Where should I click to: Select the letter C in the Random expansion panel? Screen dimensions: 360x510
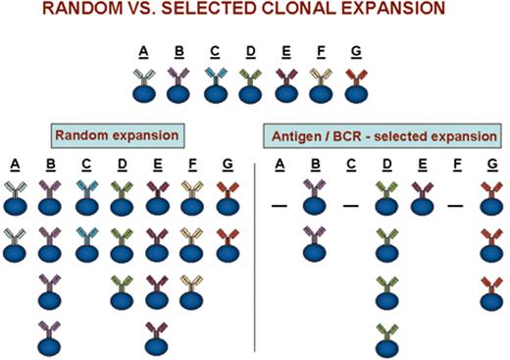pyautogui.click(x=85, y=164)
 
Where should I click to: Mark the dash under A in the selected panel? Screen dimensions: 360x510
pyautogui.click(x=279, y=206)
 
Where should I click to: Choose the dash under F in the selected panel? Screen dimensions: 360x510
pyautogui.click(x=451, y=206)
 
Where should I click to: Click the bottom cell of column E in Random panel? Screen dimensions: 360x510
pyautogui.click(x=155, y=338)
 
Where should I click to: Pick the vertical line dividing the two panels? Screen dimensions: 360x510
pyautogui.click(x=255, y=245)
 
